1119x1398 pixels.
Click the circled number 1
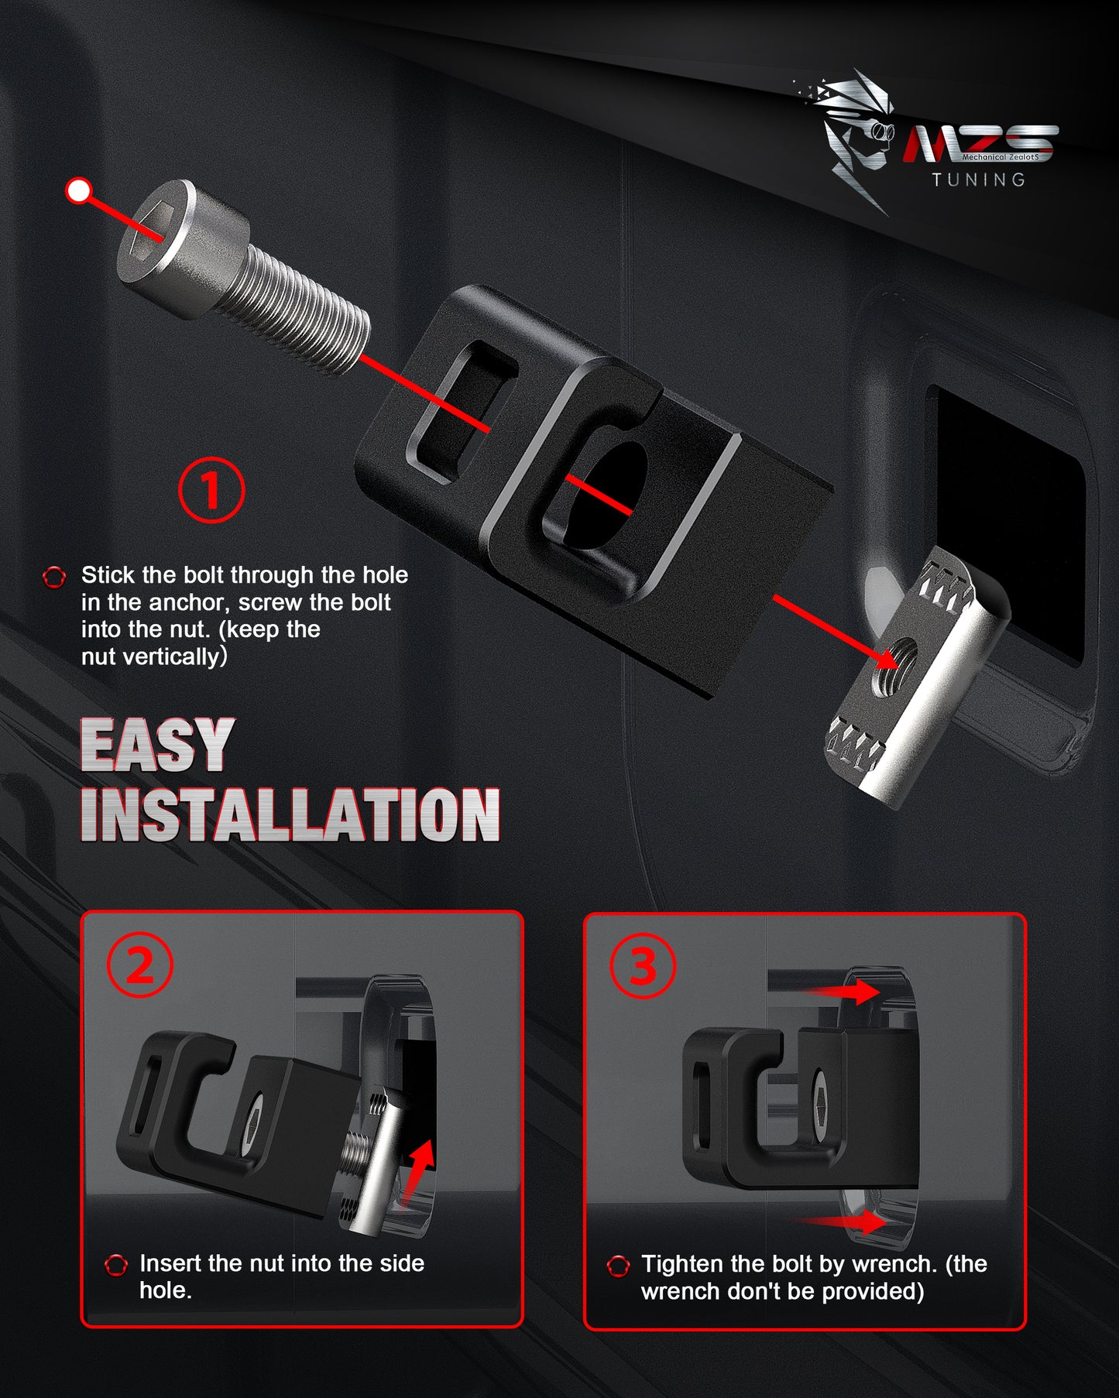pos(211,490)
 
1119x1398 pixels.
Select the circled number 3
pos(643,965)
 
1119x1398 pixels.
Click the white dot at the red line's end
pos(79,190)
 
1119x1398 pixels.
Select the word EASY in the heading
pos(157,745)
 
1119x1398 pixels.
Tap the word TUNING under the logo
pos(979,180)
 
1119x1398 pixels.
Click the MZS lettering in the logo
pos(980,144)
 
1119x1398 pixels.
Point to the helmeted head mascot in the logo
pos(856,135)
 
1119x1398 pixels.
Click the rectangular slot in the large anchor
pos(462,413)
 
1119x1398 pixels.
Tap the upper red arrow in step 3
pos(840,991)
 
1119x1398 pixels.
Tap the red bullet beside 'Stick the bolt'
pos(54,577)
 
